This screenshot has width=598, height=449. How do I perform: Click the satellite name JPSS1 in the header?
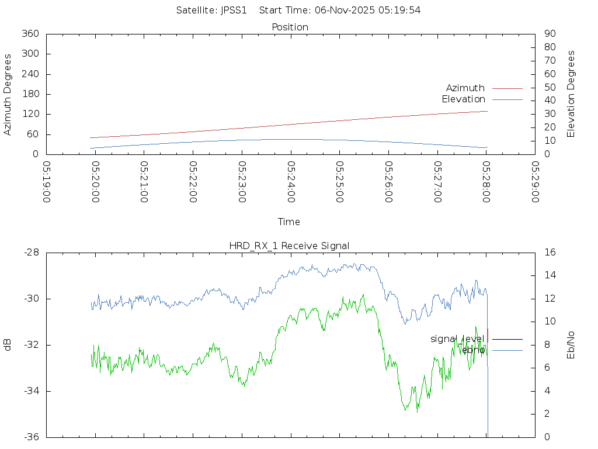[234, 10]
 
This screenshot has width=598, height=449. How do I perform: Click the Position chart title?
[290, 27]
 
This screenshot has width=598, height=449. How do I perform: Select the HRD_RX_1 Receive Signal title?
[289, 246]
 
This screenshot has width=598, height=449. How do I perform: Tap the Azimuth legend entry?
[465, 88]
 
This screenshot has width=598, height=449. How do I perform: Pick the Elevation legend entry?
[463, 99]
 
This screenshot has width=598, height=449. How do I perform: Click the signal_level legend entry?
[457, 339]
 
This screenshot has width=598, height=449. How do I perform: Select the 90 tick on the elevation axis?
[550, 34]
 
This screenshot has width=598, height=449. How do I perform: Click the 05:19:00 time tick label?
[47, 181]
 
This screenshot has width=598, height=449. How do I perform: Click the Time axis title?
[289, 222]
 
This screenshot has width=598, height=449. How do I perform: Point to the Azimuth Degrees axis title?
[8, 94]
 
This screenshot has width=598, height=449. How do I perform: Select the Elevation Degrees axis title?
[571, 94]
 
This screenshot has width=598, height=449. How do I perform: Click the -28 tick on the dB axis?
[31, 253]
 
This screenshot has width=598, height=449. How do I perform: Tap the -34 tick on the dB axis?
[31, 391]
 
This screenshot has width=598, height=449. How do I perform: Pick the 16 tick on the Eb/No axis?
[550, 253]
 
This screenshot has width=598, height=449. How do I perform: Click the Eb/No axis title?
[571, 345]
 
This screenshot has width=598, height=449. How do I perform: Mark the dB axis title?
[8, 345]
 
